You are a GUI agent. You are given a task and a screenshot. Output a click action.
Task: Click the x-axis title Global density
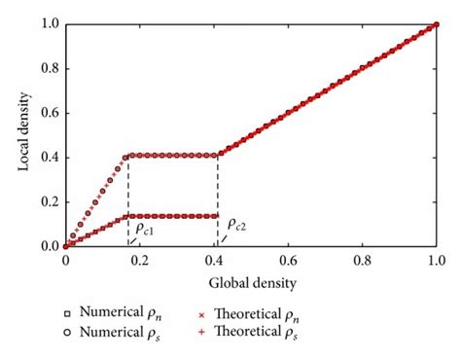(x=250, y=283)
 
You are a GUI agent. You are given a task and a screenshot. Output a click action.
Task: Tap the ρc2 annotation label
(x=235, y=227)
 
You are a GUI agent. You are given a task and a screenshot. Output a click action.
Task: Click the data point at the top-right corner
(x=437, y=24)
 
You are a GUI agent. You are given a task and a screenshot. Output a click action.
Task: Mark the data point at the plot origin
(x=65, y=246)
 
